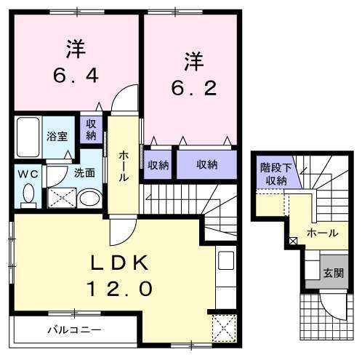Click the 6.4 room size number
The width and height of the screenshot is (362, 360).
point(74,75)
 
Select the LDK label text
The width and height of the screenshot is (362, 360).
point(121,263)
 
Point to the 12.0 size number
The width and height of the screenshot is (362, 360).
point(121,289)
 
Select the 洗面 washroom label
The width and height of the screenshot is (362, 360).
point(86,173)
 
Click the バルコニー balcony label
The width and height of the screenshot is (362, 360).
point(75,329)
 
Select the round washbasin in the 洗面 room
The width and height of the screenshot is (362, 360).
point(90,197)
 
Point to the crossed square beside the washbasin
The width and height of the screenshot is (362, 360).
point(60,196)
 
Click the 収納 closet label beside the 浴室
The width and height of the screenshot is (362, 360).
point(90,131)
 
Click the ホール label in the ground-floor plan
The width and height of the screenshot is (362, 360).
point(322,233)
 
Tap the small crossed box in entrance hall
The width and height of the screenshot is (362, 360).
point(294,241)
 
